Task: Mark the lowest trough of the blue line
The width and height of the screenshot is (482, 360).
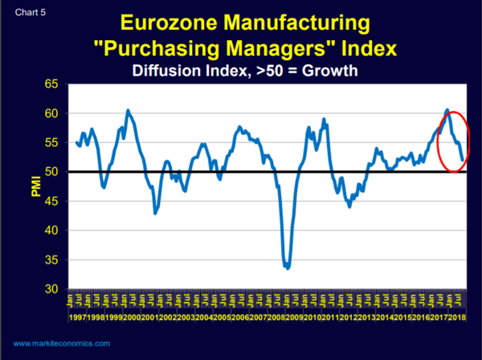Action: [x=287, y=268]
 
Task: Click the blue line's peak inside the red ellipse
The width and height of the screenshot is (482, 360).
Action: [x=447, y=109]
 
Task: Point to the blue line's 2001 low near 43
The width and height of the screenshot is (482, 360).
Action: [x=156, y=213]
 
